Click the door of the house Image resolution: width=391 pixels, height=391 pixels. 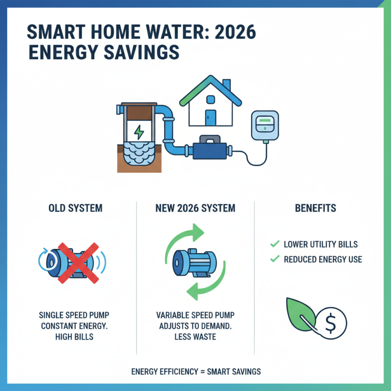tap(211, 118)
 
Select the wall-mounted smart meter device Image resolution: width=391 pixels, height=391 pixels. tap(263, 126)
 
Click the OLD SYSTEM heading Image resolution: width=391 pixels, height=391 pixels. tap(76, 208)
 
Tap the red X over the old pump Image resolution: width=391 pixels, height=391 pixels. tap(78, 261)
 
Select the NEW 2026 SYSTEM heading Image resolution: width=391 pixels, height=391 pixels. tap(195, 208)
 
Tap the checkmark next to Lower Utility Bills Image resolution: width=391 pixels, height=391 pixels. tap(274, 244)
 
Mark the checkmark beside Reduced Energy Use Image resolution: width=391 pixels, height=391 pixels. tap(274, 259)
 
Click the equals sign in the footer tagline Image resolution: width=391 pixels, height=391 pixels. tap(201, 372)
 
